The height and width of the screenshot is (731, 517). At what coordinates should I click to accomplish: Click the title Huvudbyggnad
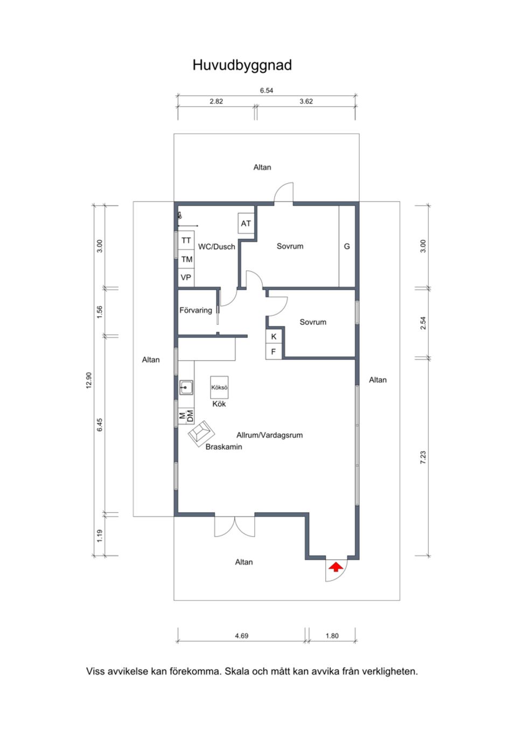242,65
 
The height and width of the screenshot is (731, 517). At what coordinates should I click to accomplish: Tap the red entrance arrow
336,567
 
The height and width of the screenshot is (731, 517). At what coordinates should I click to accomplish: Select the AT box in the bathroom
246,224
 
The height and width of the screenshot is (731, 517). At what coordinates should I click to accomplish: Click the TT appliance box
186,240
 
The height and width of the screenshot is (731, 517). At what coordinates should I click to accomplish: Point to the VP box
186,277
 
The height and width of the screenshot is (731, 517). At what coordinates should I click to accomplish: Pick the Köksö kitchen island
219,387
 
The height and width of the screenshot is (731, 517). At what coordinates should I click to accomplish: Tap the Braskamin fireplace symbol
200,432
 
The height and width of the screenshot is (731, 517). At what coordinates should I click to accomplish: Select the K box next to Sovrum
274,337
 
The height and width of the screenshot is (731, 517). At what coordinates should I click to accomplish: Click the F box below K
274,352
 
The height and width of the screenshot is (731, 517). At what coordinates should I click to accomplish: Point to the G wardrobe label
347,246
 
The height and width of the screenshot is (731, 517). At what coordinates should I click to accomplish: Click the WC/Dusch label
216,247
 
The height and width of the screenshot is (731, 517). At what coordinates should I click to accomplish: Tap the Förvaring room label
195,310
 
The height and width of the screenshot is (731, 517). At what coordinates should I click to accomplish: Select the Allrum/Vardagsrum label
269,435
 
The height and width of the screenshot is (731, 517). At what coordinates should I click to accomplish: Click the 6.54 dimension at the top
267,90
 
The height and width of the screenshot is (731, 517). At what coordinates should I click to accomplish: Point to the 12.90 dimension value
89,380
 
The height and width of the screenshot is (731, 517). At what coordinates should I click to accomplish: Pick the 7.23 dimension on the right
423,457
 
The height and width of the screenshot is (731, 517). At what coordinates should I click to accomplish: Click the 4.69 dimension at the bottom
241,636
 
